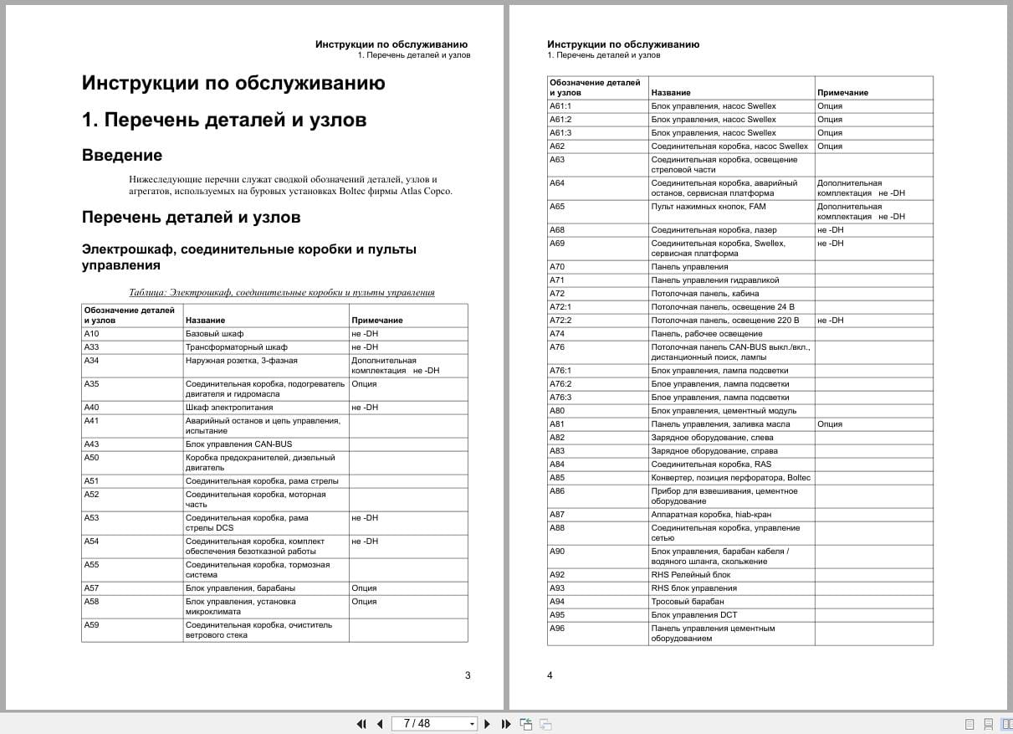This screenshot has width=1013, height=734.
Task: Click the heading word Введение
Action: [x=122, y=156]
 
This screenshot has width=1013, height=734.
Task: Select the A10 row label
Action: [x=92, y=334]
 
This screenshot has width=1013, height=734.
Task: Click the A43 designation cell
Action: [x=92, y=444]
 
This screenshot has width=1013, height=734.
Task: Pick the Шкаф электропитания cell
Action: [x=228, y=408]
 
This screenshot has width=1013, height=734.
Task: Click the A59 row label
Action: [x=92, y=625]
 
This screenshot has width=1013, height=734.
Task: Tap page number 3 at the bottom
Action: [x=468, y=675]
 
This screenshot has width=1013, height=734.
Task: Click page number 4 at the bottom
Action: [x=550, y=675]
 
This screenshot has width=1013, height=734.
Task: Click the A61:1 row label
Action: [x=560, y=106]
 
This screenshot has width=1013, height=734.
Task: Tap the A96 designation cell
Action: [x=557, y=629]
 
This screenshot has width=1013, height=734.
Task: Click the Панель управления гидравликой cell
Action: [x=715, y=280]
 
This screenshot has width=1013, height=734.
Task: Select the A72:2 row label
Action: [x=560, y=321]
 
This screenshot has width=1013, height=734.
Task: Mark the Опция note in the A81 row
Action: [x=830, y=424]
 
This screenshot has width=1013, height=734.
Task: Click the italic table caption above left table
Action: [x=282, y=293]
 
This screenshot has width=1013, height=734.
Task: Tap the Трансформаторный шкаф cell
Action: [x=236, y=347]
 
